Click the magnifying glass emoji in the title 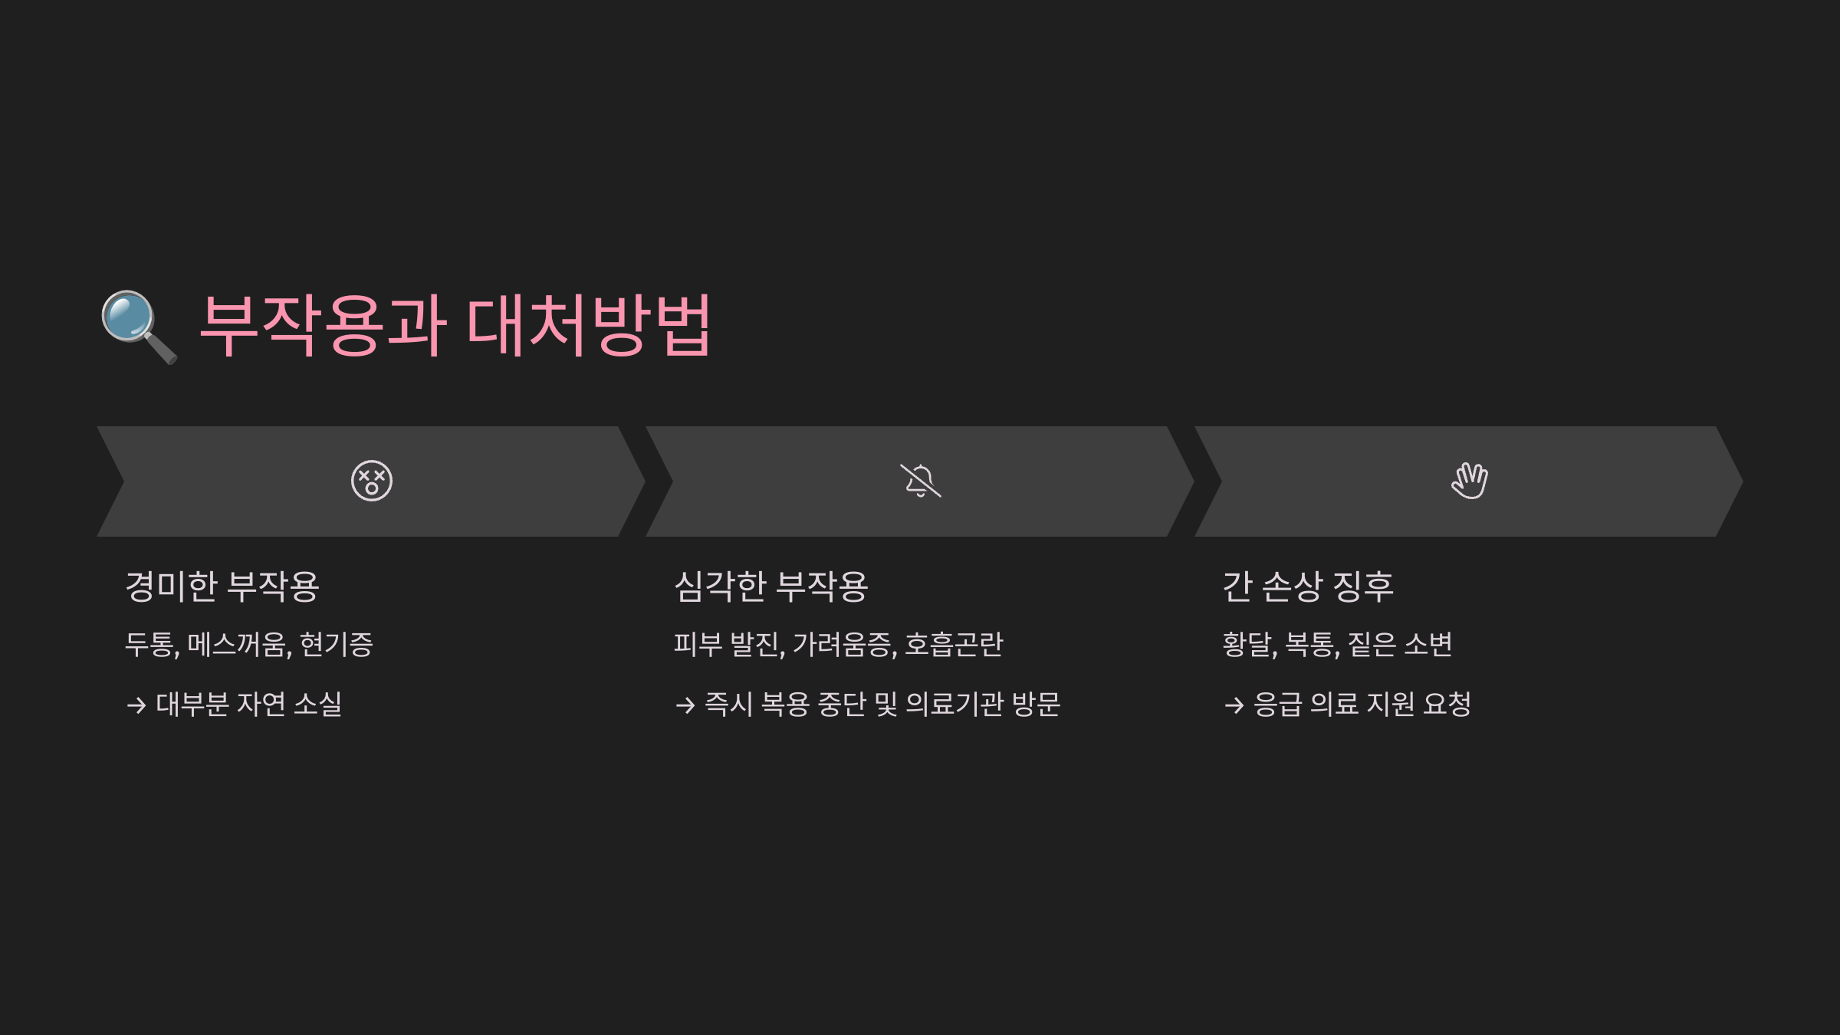pos(139,327)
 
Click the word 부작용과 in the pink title pos(323,327)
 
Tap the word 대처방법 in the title pos(589,327)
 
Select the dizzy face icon pos(372,481)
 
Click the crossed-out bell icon pos(920,481)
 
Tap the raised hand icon pos(1469,481)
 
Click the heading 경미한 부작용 pos(222,587)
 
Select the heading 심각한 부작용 pos(771,587)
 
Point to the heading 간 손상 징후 pos(1308,587)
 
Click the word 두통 pos(150,645)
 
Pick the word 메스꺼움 pos(238,645)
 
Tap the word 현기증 pos(336,645)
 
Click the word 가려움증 pos(843,645)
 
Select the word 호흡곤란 pos(954,645)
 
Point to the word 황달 pos(1248,645)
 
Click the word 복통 pos(1311,645)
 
